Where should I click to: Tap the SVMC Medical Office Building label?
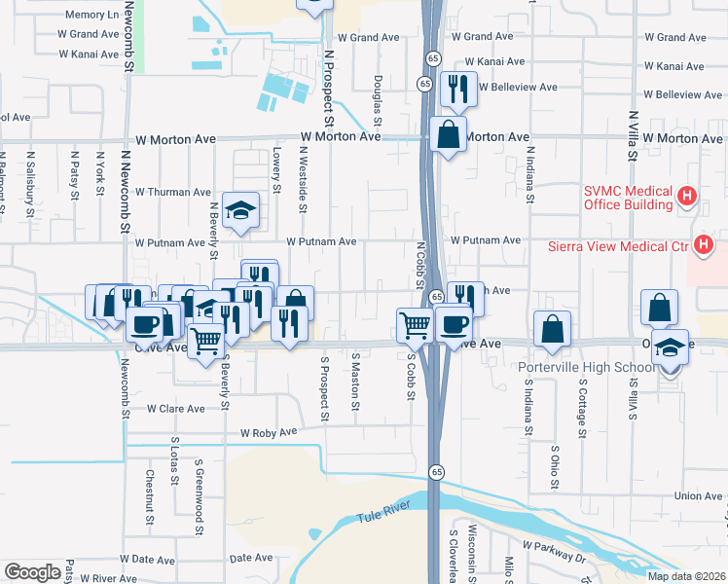click(628, 198)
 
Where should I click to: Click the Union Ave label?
click(698, 496)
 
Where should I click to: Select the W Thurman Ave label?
click(173, 192)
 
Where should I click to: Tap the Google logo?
click(32, 572)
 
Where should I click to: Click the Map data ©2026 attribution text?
click(685, 576)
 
